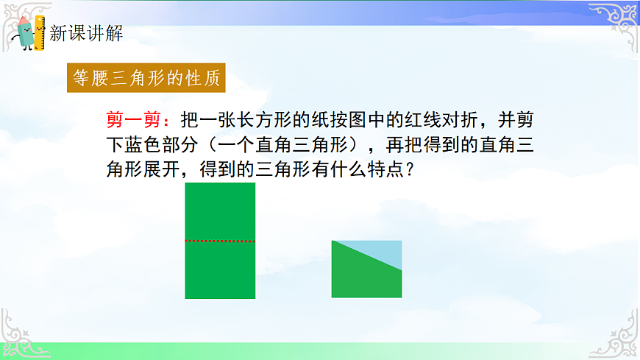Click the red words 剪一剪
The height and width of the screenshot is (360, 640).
133,119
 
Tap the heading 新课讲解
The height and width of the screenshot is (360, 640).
86,32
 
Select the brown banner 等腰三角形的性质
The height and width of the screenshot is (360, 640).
145,79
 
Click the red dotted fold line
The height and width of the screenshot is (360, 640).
220,241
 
